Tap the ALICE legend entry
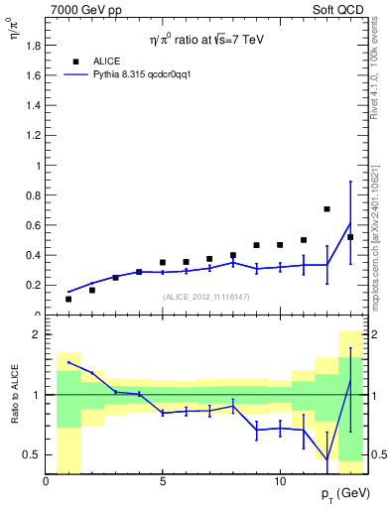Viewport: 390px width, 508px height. click(x=104, y=61)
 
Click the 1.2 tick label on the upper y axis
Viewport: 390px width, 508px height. click(x=33, y=135)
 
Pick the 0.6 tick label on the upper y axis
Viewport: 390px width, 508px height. click(x=33, y=225)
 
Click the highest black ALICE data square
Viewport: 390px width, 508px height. click(x=326, y=209)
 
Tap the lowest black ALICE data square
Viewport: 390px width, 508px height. click(x=68, y=299)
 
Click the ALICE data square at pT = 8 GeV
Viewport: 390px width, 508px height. click(x=232, y=255)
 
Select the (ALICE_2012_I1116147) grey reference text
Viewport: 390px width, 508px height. click(x=204, y=297)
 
